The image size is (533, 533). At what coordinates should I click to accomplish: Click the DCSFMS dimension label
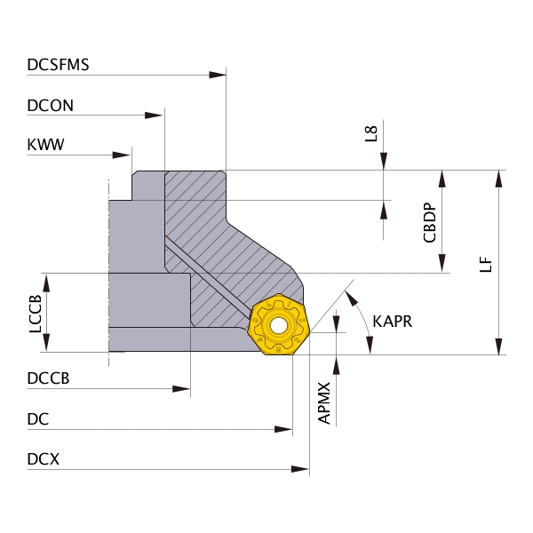(x=58, y=65)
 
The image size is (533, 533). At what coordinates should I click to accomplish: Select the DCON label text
(x=51, y=106)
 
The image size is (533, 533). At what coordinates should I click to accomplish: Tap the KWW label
(x=45, y=145)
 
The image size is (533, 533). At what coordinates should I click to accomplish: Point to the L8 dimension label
(x=370, y=133)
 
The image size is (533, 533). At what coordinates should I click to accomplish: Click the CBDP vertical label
(x=429, y=223)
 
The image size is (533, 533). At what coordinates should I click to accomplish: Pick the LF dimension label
(x=486, y=264)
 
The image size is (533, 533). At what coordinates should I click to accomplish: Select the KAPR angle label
(x=393, y=322)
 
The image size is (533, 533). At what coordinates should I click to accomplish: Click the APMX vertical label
(x=324, y=403)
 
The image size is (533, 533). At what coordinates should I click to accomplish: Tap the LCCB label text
(x=35, y=314)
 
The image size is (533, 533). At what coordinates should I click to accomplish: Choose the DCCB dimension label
(x=48, y=378)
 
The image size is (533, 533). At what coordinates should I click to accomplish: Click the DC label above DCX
(x=38, y=419)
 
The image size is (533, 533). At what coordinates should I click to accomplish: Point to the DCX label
(x=44, y=459)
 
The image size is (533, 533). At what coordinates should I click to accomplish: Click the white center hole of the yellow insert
(x=278, y=326)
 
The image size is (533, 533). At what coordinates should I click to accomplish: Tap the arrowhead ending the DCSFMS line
(x=218, y=75)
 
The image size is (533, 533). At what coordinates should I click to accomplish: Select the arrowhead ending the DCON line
(x=154, y=115)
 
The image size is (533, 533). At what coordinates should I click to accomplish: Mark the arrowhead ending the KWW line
(x=122, y=155)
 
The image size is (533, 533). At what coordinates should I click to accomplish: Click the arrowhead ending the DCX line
(x=300, y=469)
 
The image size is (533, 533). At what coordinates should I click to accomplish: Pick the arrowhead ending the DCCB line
(x=181, y=389)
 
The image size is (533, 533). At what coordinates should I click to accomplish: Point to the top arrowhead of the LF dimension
(x=498, y=179)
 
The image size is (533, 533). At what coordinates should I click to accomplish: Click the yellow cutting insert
(x=278, y=324)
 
